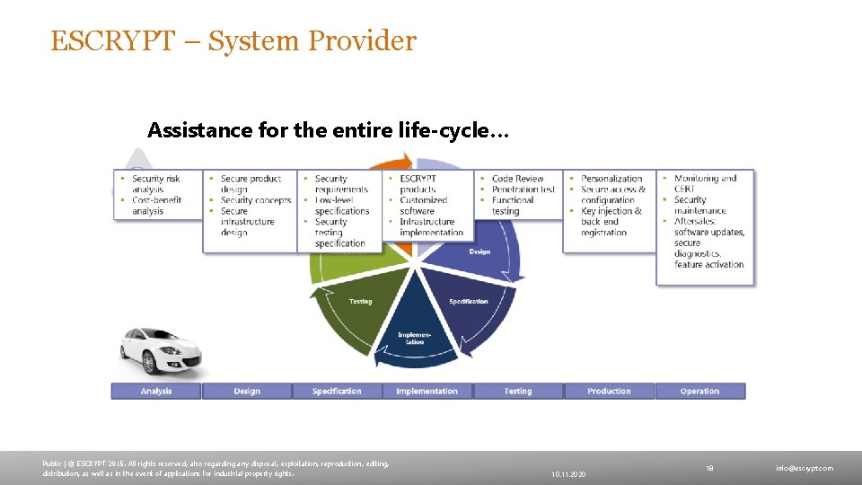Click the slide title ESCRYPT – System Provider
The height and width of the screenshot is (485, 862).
point(233,41)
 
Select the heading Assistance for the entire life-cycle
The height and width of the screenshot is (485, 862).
point(329,131)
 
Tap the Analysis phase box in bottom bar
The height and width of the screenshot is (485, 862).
point(156,391)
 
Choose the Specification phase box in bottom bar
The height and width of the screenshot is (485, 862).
point(337,391)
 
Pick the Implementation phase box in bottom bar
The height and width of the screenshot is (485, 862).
point(427,391)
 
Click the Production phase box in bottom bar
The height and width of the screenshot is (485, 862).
point(609,391)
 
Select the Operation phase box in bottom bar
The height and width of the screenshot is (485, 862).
point(699,391)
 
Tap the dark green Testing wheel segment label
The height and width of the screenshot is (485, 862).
point(360,302)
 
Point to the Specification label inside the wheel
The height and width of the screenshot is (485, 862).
point(469,302)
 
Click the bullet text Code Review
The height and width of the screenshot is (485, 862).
point(518,179)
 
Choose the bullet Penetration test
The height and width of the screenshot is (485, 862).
point(523,190)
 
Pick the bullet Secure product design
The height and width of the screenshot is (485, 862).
point(251,184)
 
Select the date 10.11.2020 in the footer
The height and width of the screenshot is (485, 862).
point(569,473)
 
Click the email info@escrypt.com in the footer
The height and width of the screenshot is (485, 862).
point(805,468)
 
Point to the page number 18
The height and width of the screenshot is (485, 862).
point(709,468)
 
